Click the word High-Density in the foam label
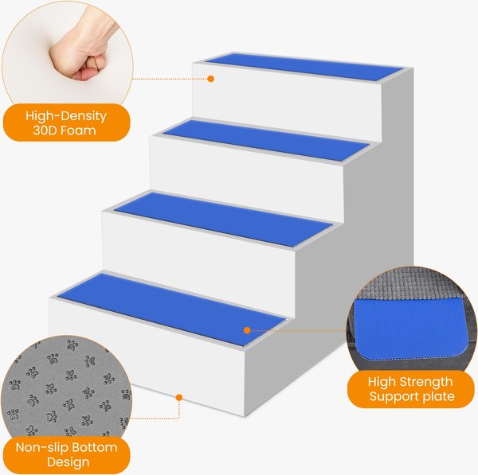point(66,115)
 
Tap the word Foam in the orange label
point(78,130)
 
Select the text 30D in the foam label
point(45,130)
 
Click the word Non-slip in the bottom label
point(41,447)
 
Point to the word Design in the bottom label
point(69,462)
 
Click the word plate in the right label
point(439,396)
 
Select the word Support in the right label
point(395,397)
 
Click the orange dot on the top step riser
point(210,79)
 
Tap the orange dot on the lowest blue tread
point(247,330)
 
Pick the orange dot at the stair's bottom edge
point(179,397)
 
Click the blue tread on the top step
point(304,67)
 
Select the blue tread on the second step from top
point(265,140)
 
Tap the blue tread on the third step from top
point(223,220)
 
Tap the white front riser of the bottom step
point(147,356)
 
